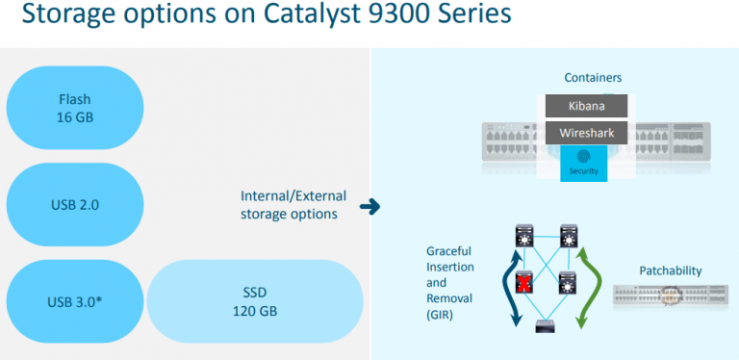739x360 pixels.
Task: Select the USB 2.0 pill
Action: click(74, 205)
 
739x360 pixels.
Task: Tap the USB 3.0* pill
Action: click(74, 302)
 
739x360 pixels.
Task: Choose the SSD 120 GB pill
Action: click(255, 302)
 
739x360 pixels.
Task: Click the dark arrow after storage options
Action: click(368, 206)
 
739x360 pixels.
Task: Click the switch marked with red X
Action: click(524, 282)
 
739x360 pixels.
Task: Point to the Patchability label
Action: click(671, 271)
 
